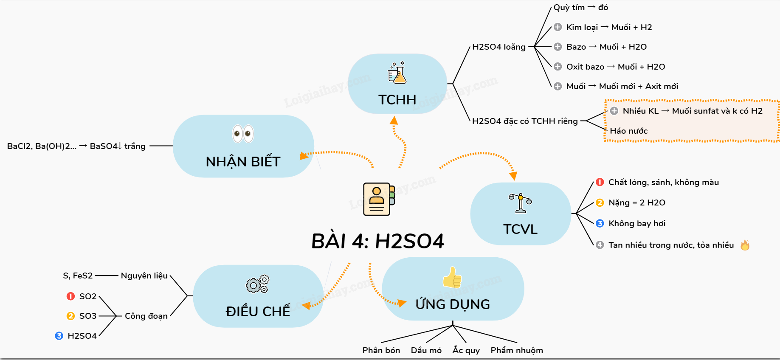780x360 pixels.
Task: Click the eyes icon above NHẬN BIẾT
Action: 243,134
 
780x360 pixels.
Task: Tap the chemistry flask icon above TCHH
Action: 397,73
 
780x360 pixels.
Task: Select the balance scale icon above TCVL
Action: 520,202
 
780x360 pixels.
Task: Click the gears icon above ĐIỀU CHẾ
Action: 257,284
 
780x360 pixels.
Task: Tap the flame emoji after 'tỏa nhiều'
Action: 745,245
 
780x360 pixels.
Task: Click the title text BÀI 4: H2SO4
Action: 377,241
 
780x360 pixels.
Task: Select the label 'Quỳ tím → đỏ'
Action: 580,8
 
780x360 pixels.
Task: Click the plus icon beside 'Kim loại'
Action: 558,27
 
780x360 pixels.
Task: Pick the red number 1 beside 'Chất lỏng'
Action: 600,182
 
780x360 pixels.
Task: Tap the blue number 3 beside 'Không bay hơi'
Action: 600,223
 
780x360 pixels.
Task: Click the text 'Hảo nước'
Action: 628,131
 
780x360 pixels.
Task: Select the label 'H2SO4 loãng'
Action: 498,47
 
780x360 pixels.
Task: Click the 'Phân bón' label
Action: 381,350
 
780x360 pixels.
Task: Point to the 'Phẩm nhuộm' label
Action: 516,350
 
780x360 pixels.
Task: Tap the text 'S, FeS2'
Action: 78,276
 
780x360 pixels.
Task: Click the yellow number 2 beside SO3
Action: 70,316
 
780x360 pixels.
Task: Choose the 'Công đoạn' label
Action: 146,316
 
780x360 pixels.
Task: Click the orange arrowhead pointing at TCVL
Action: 513,176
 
